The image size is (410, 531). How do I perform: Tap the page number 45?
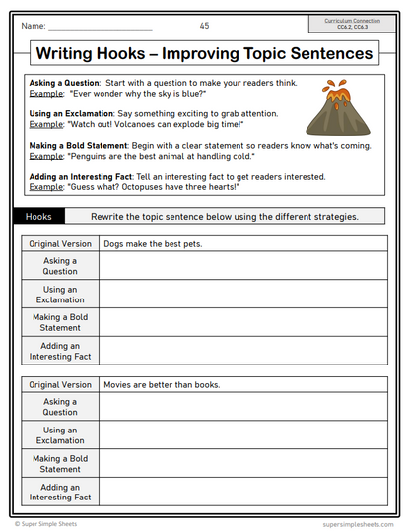[204, 25]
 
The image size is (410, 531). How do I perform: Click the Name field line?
[100, 28]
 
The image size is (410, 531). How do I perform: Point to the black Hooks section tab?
[39, 216]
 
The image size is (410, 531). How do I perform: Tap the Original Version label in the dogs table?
[60, 243]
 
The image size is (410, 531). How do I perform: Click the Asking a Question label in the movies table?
[60, 407]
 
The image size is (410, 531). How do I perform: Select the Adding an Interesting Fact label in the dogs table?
[60, 351]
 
